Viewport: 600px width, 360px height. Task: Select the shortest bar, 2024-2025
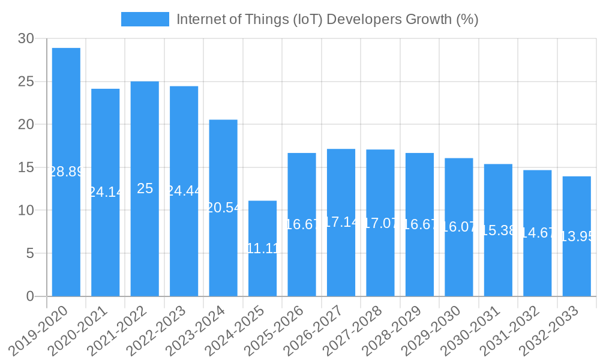coord(262,270)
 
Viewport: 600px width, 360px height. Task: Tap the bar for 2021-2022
coord(145,132)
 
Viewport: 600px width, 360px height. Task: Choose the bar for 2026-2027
coord(341,180)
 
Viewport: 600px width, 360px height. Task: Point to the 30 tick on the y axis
coord(26,39)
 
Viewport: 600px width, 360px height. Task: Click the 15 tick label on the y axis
coord(26,167)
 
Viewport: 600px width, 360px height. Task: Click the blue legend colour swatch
coord(145,19)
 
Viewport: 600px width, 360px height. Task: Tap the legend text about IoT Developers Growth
coord(327,19)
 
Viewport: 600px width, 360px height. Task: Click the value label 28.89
coord(66,172)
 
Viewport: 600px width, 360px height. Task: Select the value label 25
coord(145,188)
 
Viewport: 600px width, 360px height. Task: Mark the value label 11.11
coord(262,248)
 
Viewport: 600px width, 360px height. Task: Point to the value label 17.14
coord(341,222)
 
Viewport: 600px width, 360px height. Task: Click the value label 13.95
coord(577,236)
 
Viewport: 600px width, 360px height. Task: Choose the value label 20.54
coord(223,208)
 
